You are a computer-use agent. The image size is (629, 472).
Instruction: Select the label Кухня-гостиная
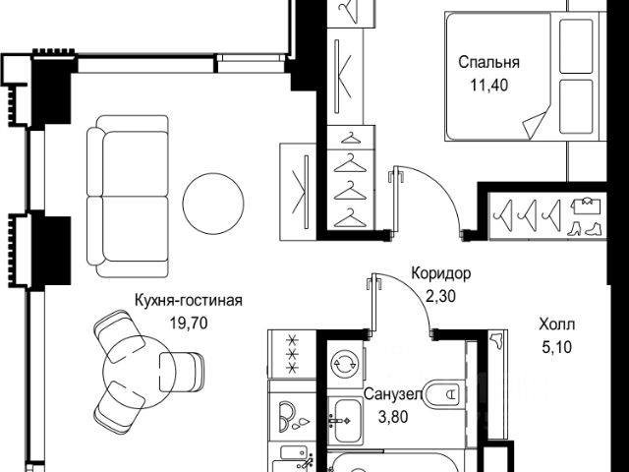coord(189,302)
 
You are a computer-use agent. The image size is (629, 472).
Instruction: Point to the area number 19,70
coord(189,321)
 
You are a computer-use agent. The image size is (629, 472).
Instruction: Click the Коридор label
coord(442,273)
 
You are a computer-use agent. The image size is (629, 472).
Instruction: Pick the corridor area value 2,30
coord(442,292)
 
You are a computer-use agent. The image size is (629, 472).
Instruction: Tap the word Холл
coord(557,324)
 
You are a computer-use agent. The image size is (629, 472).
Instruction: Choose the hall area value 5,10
coord(557,344)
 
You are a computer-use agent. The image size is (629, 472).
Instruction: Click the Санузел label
coord(393,394)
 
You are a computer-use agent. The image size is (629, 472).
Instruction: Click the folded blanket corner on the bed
coord(539,125)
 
